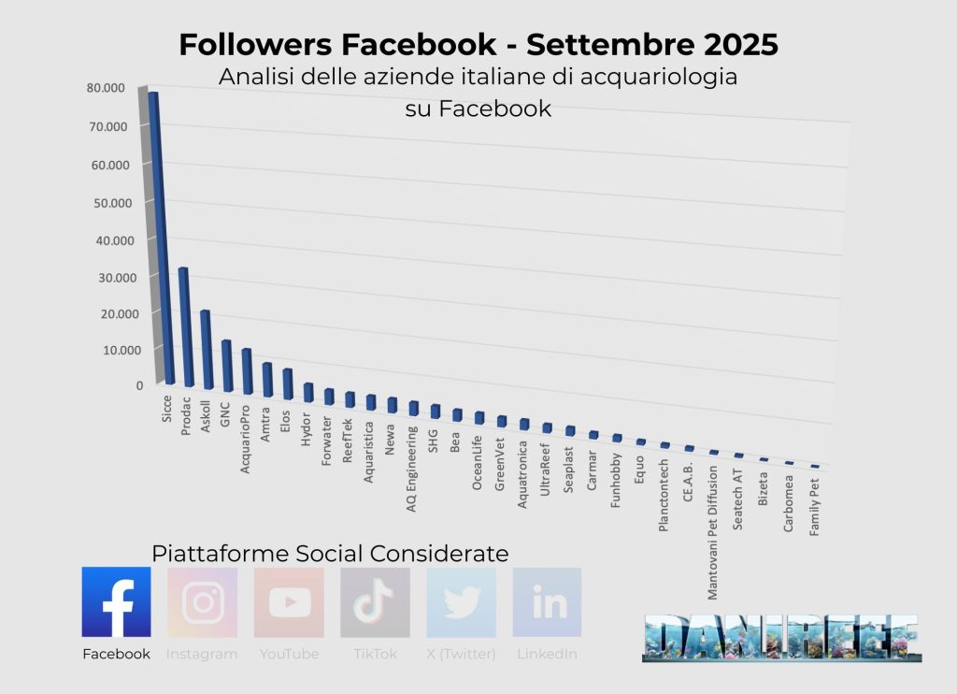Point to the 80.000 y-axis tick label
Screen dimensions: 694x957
[105, 88]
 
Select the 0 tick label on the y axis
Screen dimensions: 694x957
[139, 384]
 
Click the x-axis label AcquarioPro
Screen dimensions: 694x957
[247, 439]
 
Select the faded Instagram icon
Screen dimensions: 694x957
[202, 602]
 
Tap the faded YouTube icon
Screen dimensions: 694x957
[289, 602]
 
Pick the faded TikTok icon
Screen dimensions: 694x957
[375, 602]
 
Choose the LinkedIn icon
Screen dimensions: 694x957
[547, 602]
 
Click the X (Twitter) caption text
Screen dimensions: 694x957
[461, 654]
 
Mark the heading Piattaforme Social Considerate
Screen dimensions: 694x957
[330, 553]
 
